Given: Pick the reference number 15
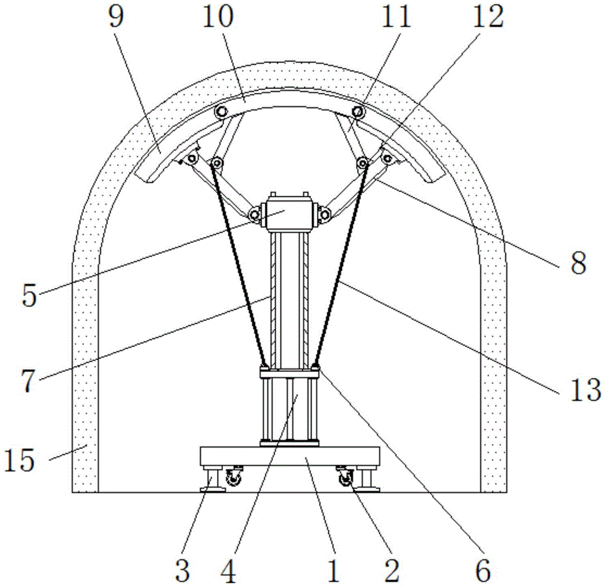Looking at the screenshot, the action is click(x=19, y=460).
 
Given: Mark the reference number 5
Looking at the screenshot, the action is click(x=29, y=296).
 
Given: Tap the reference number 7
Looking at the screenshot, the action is click(x=28, y=381).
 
